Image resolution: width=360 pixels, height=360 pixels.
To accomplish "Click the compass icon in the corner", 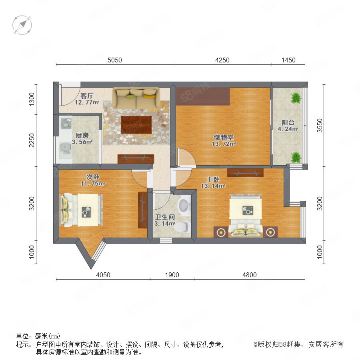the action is pyautogui.click(x=22, y=25).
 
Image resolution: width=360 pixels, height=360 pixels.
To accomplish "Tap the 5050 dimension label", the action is pyautogui.click(x=115, y=60).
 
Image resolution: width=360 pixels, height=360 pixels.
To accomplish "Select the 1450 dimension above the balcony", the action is pyautogui.click(x=288, y=60).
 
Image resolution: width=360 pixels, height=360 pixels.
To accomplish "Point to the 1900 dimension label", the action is pyautogui.click(x=172, y=275).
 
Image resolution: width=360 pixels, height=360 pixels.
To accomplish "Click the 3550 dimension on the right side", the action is pyautogui.click(x=320, y=125).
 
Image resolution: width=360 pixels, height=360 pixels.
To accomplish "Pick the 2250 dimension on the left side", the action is pyautogui.click(x=32, y=140).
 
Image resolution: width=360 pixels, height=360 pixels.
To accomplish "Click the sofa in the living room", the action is pyautogui.click(x=136, y=98).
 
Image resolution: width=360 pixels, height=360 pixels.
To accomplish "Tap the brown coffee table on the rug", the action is pyautogui.click(x=136, y=125).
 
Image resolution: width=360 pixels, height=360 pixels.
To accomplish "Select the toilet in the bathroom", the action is pyautogui.click(x=182, y=227).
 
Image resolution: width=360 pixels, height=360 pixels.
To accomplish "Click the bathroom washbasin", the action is pyautogui.click(x=184, y=206).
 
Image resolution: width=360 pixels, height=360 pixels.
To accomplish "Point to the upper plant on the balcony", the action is pyautogui.click(x=296, y=98).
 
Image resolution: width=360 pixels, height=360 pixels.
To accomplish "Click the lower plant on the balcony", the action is pyautogui.click(x=296, y=158).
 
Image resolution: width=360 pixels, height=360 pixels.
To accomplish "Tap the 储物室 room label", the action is pyautogui.click(x=224, y=137).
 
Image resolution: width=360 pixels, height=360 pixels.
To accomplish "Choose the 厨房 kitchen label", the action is pyautogui.click(x=82, y=136).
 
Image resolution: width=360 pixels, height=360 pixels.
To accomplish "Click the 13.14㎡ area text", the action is pyautogui.click(x=213, y=186).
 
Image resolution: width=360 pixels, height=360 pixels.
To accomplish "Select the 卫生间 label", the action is pyautogui.click(x=165, y=217).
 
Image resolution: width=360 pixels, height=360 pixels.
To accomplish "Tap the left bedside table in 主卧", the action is pyautogui.click(x=221, y=232).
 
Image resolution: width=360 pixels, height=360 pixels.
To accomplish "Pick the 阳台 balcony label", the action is pyautogui.click(x=288, y=123).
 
